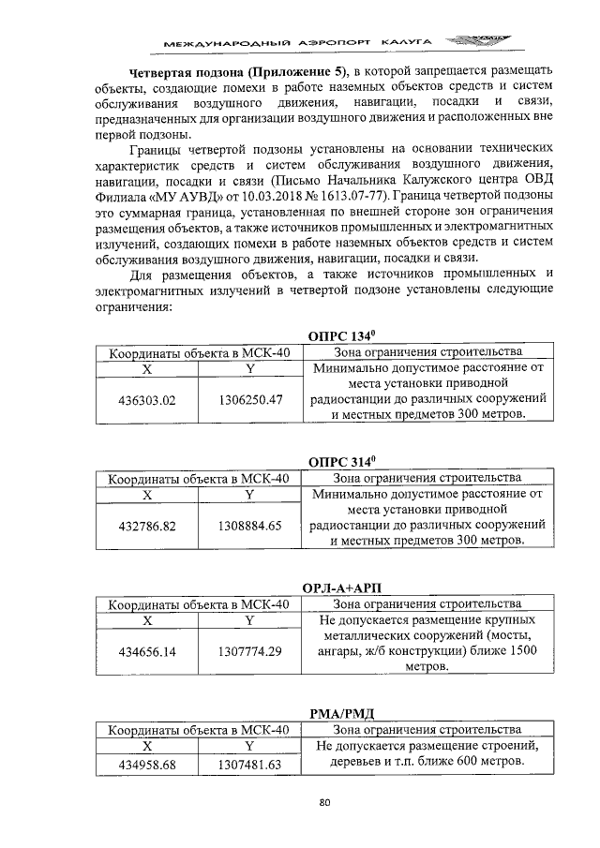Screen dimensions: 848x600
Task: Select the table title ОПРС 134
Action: click(x=341, y=335)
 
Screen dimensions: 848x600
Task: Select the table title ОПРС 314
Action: click(x=341, y=461)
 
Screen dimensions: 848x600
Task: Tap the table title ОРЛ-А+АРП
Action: click(x=341, y=588)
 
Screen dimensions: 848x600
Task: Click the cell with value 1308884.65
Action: click(x=249, y=526)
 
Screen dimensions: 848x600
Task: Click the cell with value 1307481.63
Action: click(x=249, y=765)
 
